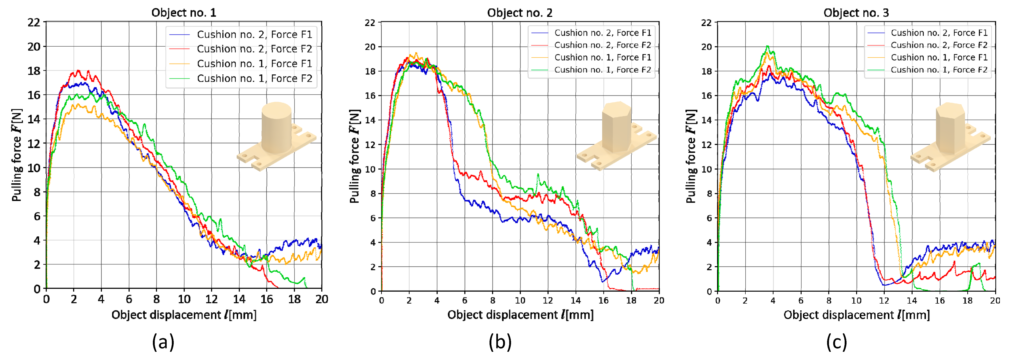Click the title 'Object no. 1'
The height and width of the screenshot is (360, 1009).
point(184,13)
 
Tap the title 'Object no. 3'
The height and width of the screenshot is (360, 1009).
point(856,13)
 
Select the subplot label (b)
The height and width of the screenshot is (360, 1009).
point(500,342)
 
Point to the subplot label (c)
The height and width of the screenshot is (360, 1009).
point(836,342)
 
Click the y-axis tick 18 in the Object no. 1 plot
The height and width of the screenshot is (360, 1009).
point(34,71)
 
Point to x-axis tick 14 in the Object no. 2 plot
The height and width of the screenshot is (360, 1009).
point(575,301)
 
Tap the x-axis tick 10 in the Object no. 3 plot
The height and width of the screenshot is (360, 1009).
point(856,301)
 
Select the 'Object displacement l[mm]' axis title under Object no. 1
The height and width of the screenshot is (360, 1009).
point(184,315)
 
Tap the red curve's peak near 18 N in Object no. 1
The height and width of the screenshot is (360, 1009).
point(78,71)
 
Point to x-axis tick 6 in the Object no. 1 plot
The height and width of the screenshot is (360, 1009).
point(129,299)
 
